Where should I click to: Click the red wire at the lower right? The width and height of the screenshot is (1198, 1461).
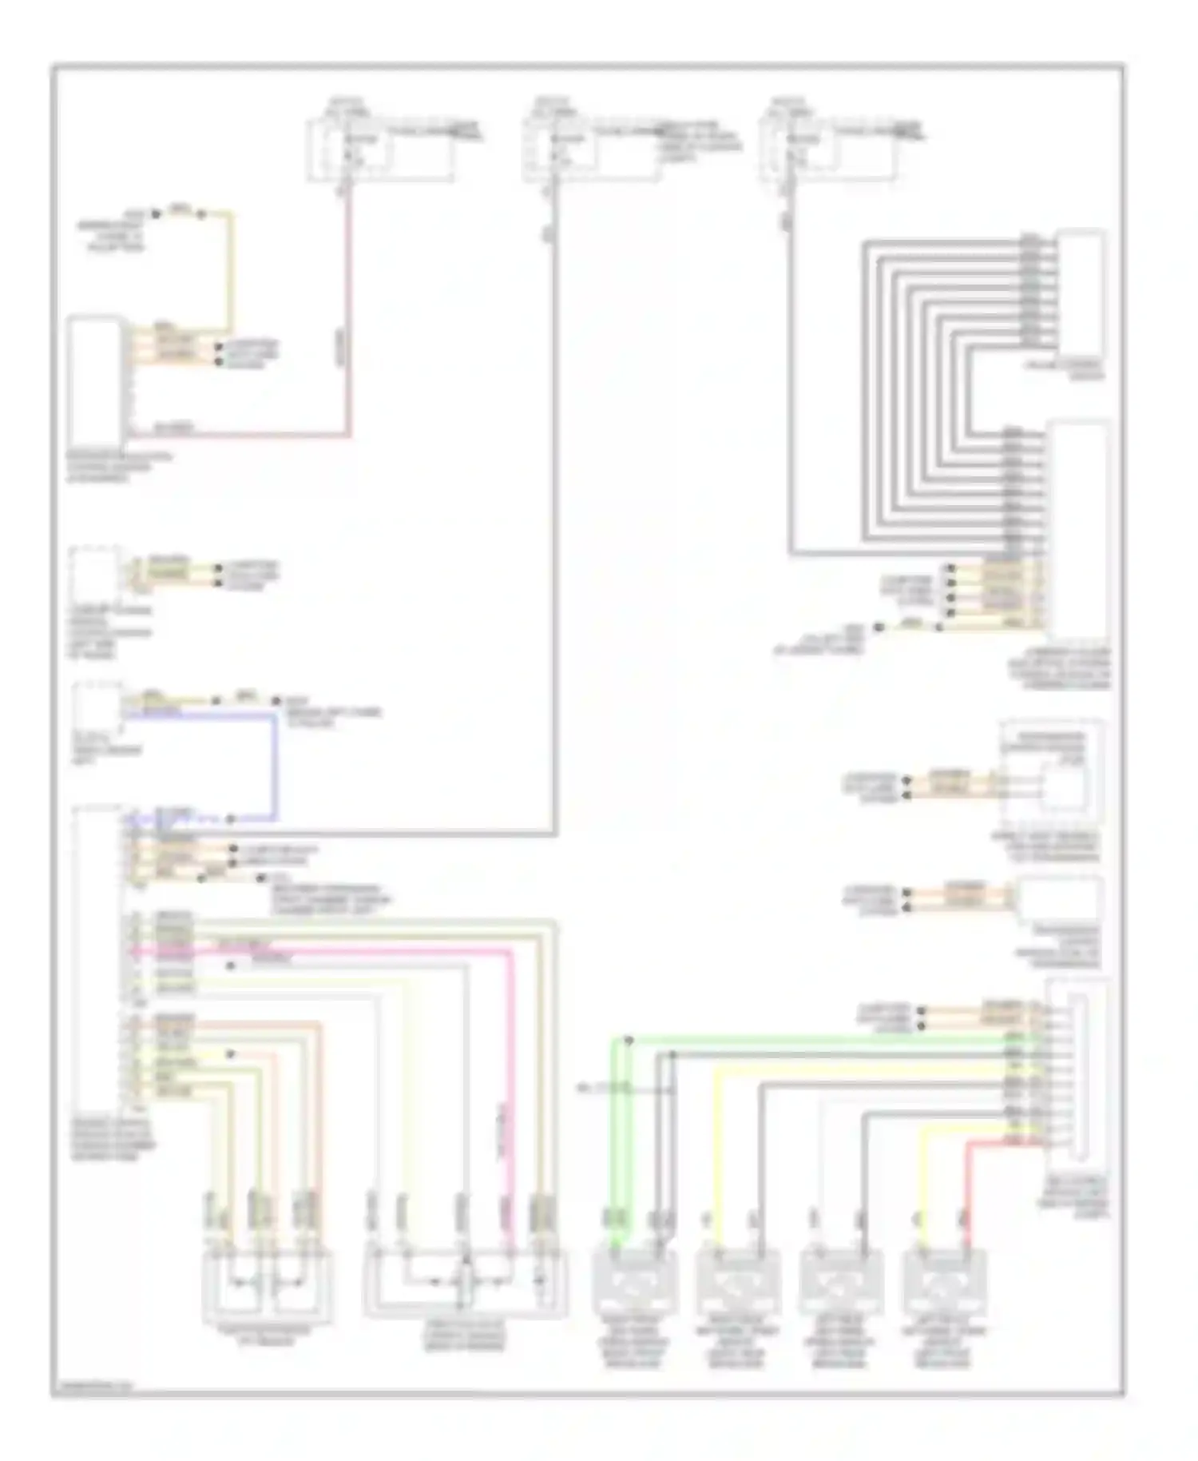pos(969,1183)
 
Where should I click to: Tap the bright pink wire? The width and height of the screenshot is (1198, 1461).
pos(511,1079)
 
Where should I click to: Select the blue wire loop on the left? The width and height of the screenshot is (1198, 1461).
pos(276,767)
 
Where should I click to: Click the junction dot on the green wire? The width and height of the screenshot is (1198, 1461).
pos(629,1041)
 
